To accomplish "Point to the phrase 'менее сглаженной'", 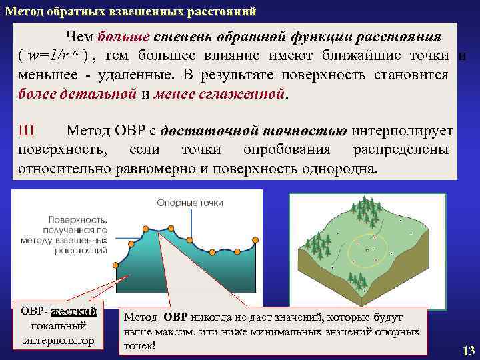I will [x=219, y=93].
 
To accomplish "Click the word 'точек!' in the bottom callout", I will [x=139, y=345].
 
